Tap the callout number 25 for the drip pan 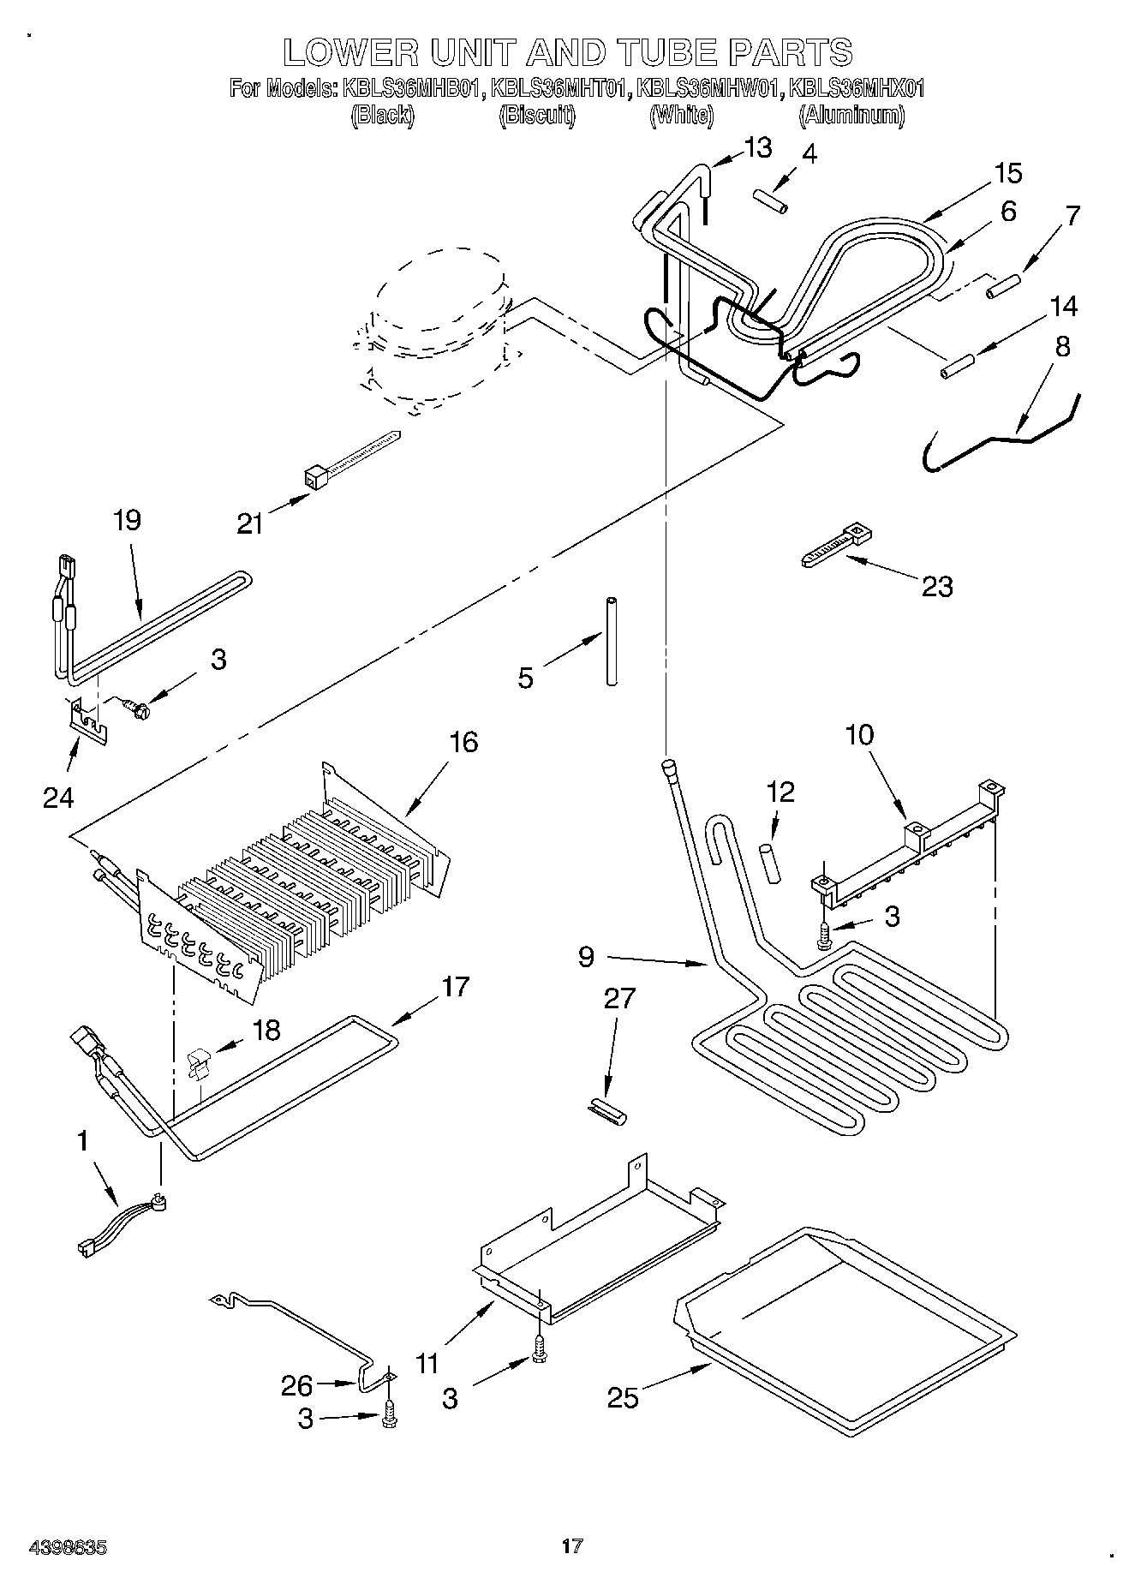click(623, 1397)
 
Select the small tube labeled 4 click(770, 202)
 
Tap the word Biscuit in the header click(537, 116)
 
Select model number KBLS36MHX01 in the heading click(856, 87)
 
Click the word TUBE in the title click(656, 52)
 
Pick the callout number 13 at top click(758, 147)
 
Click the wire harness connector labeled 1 click(120, 1223)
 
